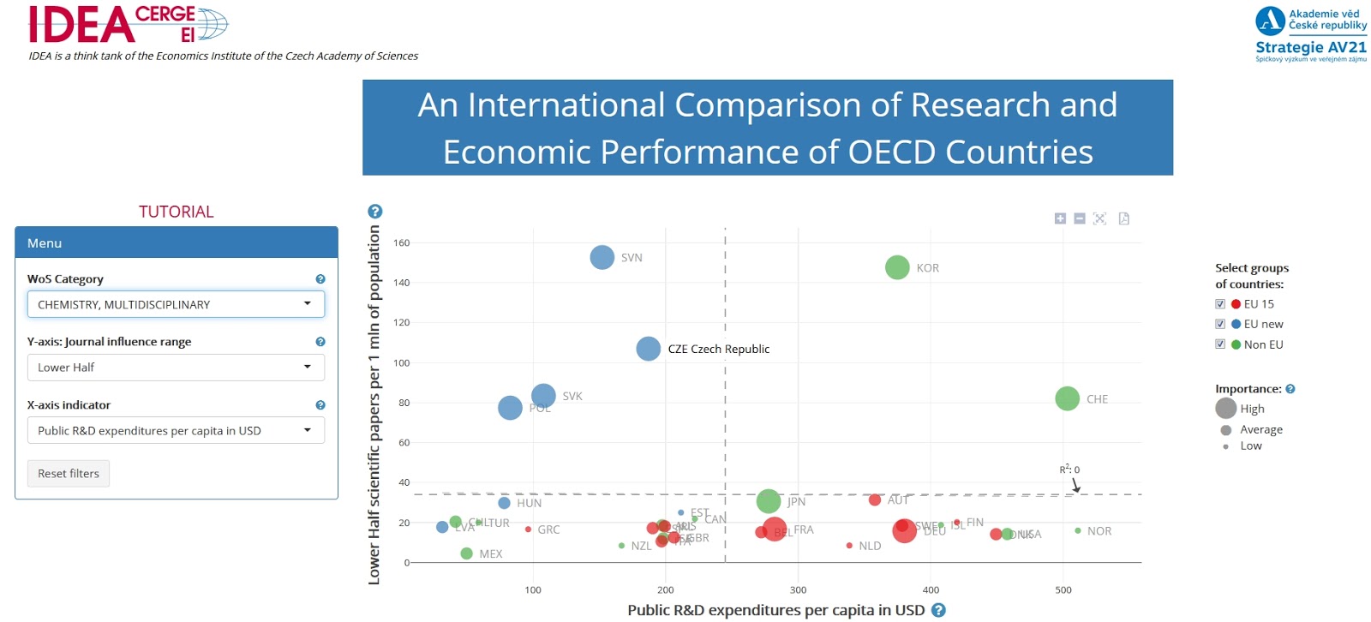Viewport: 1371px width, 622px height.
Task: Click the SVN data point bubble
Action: click(602, 257)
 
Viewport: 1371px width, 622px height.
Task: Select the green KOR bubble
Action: click(897, 267)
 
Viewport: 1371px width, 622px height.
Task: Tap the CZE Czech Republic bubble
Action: click(649, 349)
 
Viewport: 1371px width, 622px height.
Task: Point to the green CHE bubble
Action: click(1067, 398)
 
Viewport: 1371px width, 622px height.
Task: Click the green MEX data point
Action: click(466, 553)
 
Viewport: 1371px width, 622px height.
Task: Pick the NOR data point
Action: click(1078, 531)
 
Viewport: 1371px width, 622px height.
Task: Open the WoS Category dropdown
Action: click(176, 304)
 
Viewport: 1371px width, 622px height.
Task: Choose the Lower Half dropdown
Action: click(176, 368)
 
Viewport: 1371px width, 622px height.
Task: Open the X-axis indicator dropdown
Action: click(176, 431)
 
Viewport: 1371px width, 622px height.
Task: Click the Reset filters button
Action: click(69, 474)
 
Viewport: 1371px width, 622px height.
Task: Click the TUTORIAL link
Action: click(177, 212)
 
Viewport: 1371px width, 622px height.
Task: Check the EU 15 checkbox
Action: click(1220, 304)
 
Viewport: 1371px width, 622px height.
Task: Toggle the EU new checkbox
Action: click(1220, 324)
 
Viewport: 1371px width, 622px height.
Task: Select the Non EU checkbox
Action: click(1220, 344)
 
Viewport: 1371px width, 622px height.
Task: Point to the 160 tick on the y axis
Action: click(401, 243)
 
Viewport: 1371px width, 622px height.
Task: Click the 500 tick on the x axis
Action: click(1063, 590)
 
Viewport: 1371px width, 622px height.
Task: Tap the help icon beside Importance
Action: click(1290, 389)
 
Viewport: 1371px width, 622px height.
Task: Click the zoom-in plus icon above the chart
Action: click(1060, 218)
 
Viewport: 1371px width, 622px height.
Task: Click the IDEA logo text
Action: click(81, 25)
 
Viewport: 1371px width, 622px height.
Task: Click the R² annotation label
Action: click(1069, 469)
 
